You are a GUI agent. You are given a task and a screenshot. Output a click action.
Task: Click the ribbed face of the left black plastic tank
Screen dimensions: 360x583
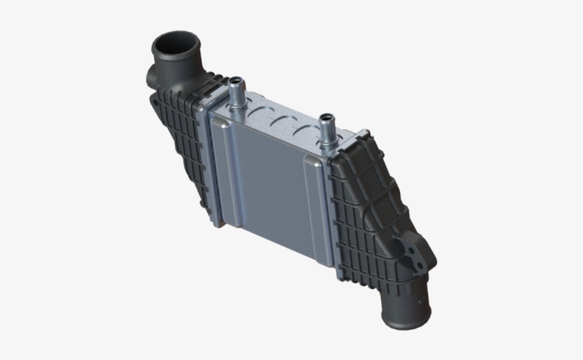(x=181, y=149)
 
